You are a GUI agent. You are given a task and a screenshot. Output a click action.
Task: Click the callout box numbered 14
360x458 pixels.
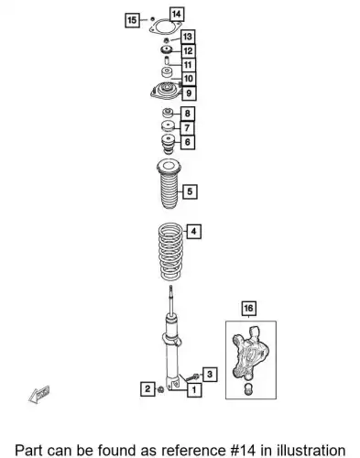point(177,15)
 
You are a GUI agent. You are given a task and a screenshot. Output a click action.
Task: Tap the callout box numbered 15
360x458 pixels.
point(132,20)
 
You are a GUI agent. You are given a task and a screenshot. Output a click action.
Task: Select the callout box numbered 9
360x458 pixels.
point(189,93)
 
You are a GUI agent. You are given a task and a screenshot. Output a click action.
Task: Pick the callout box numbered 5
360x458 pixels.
point(190,191)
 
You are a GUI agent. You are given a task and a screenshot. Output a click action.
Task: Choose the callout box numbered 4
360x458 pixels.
point(194,232)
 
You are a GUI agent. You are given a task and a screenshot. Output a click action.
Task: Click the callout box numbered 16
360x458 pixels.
point(248,309)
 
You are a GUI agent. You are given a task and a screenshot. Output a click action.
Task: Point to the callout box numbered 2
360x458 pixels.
point(147,389)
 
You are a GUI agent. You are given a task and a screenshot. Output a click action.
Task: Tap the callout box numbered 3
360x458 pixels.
point(210,374)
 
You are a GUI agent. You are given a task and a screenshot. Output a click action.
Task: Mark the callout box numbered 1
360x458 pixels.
point(194,389)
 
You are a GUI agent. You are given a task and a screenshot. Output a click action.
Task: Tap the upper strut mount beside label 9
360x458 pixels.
point(167,91)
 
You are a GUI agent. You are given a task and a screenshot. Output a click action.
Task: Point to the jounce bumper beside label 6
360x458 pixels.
point(168,145)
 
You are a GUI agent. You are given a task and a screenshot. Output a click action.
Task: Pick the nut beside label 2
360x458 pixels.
point(160,389)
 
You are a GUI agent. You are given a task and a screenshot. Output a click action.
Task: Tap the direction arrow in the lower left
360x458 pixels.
point(38,395)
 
